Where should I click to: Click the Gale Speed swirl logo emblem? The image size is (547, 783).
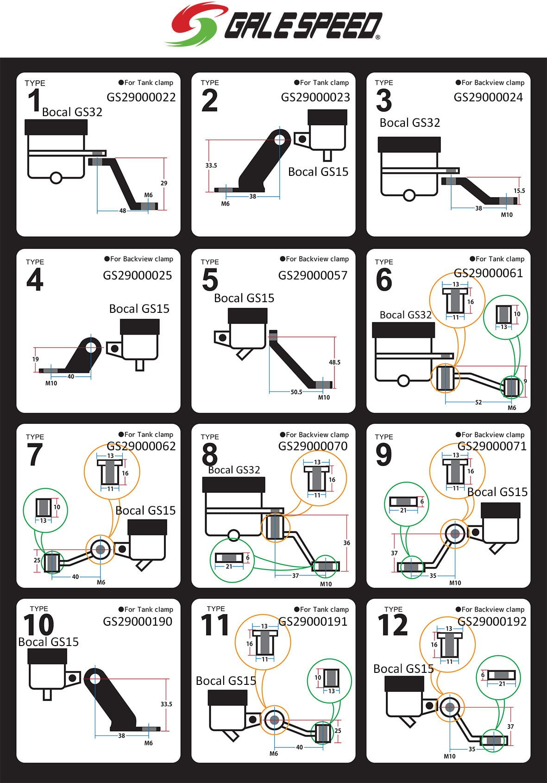197,24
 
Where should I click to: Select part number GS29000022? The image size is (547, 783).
141,97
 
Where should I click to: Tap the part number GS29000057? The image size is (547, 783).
313,275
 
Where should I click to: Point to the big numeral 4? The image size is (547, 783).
35,280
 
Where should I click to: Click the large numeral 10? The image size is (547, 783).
39,625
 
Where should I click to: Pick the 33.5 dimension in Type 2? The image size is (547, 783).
211,165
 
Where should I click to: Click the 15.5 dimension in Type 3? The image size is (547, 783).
519,191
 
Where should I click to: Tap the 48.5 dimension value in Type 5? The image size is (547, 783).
334,362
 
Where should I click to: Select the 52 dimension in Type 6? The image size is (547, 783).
478,402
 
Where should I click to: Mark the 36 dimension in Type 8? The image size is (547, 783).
346,543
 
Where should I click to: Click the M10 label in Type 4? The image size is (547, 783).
51,383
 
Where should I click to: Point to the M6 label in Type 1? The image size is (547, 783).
148,195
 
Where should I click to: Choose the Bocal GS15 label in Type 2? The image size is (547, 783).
318,172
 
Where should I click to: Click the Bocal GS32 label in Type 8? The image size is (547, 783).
234,470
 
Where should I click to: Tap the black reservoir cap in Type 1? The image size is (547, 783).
56,126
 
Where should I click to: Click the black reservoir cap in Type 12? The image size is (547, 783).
404,684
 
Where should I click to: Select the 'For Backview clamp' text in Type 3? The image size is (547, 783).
492,83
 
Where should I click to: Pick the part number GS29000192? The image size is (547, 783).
492,621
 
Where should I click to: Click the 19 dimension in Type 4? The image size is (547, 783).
36,359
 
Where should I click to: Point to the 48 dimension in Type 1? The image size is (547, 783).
122,211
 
